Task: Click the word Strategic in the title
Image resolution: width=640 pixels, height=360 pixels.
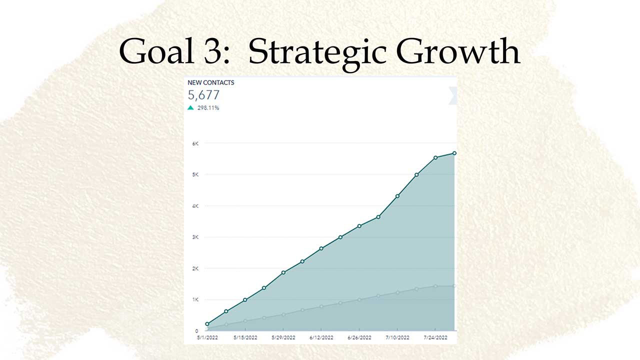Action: point(317,53)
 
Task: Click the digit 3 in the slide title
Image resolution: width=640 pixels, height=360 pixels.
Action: point(213,51)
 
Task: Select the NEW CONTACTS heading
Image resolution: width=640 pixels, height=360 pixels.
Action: point(211,82)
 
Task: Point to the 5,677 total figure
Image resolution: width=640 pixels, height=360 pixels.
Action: point(203,95)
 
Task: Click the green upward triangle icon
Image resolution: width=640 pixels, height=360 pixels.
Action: point(190,107)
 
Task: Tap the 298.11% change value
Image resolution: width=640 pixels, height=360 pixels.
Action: point(208,108)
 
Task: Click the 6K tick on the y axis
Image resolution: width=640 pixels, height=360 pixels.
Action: point(195,143)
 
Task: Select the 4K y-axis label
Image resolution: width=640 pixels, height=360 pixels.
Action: point(195,206)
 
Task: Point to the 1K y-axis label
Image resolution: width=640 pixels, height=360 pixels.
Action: point(195,299)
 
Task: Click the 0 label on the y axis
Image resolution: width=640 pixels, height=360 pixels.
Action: point(196,331)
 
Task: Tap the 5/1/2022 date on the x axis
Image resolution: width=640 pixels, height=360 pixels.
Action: point(207,337)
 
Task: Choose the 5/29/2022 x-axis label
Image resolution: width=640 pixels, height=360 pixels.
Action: point(283,337)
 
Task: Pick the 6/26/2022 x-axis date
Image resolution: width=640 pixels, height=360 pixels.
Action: point(359,337)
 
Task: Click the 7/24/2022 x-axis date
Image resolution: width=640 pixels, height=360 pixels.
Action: point(435,337)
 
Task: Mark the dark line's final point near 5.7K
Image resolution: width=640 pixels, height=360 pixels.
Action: point(454,153)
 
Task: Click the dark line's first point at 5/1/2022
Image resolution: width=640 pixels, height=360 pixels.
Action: point(207,324)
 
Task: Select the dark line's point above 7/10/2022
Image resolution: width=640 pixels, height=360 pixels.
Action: point(397,196)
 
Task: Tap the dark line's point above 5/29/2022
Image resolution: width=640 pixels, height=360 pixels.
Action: point(283,272)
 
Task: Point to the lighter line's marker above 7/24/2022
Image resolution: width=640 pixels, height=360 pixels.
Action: point(435,286)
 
